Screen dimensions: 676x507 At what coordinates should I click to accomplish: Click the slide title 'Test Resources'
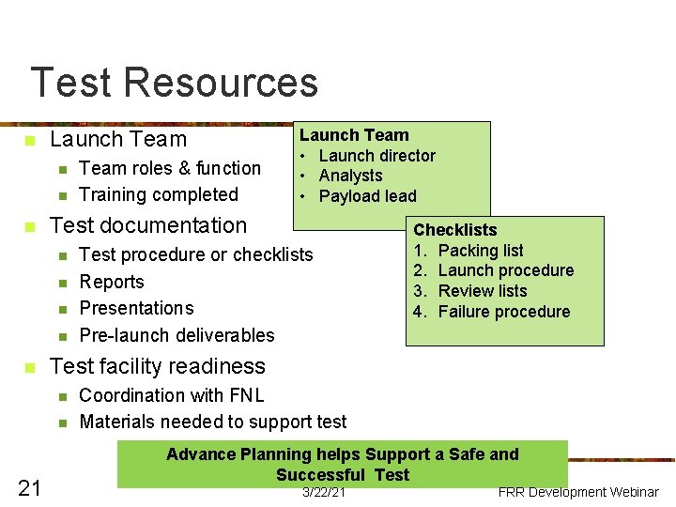pyautogui.click(x=174, y=83)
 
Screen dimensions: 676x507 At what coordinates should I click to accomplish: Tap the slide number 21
pyautogui.click(x=29, y=486)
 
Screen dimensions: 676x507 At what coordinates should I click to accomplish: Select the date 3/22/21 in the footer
pyautogui.click(x=324, y=493)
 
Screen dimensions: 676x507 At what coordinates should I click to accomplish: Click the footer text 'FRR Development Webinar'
pyautogui.click(x=578, y=492)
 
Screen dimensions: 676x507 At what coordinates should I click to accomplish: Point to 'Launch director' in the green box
pyautogui.click(x=376, y=156)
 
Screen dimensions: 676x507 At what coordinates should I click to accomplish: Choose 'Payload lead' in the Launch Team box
pyautogui.click(x=367, y=196)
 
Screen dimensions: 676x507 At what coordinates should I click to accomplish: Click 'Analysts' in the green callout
pyautogui.click(x=350, y=176)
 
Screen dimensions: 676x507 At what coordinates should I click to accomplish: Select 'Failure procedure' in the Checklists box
pyautogui.click(x=504, y=312)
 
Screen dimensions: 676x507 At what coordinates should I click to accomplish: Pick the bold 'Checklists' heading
pyautogui.click(x=455, y=230)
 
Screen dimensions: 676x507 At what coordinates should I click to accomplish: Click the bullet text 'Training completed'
pyautogui.click(x=159, y=194)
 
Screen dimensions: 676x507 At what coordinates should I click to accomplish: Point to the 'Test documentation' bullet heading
pyautogui.click(x=148, y=225)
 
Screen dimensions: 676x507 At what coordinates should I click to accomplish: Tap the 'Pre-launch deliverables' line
pyautogui.click(x=177, y=335)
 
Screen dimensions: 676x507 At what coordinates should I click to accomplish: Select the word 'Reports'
pyautogui.click(x=112, y=282)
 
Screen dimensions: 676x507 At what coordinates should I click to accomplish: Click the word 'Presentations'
pyautogui.click(x=136, y=308)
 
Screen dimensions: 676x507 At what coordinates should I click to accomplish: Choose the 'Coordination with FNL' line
pyautogui.click(x=172, y=395)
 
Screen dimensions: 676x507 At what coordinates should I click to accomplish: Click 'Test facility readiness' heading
pyautogui.click(x=158, y=366)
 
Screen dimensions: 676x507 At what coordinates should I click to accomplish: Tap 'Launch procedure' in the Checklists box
pyautogui.click(x=506, y=270)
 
